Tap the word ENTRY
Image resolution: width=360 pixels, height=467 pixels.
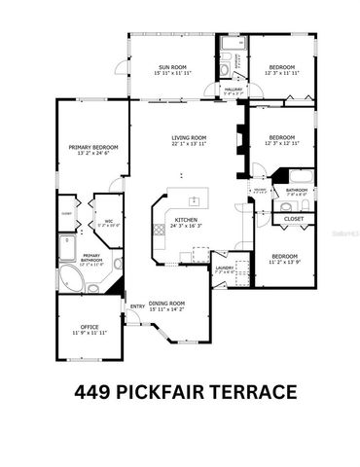(x=137, y=306)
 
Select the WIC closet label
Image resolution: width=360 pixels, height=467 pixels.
(x=109, y=221)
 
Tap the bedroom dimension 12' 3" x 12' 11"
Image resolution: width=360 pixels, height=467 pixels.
(x=281, y=143)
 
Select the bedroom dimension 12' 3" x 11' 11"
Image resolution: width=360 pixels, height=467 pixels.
(x=281, y=73)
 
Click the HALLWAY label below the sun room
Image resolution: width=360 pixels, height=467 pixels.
(x=234, y=90)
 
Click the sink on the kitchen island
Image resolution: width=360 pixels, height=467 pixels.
(x=193, y=201)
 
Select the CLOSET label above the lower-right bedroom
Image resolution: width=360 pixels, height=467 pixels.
(x=293, y=220)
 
